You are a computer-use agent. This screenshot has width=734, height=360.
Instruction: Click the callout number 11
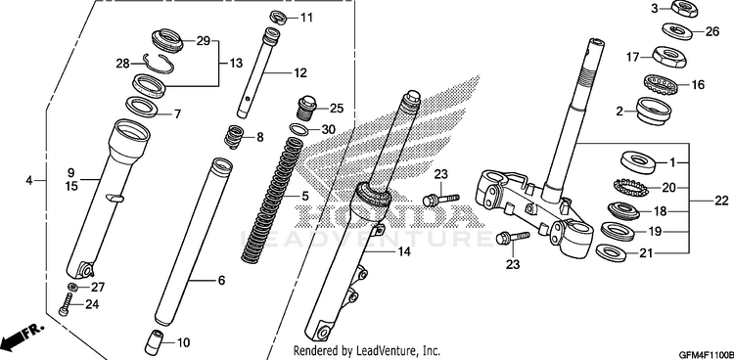[x=306, y=19]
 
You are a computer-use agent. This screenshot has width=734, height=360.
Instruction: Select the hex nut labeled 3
[x=684, y=9]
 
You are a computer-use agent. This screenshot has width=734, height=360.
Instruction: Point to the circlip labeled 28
[x=159, y=64]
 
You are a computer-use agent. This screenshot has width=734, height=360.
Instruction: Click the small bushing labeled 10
[x=156, y=342]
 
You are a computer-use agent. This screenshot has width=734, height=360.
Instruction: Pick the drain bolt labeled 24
[x=66, y=304]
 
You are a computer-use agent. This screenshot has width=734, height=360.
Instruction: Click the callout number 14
[x=404, y=251]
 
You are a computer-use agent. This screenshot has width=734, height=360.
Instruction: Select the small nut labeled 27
[x=72, y=287]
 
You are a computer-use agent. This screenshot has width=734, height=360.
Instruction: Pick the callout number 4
[x=29, y=180]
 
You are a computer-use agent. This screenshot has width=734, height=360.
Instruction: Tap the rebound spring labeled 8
[x=235, y=137]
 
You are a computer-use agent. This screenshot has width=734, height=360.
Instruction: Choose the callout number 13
[x=237, y=63]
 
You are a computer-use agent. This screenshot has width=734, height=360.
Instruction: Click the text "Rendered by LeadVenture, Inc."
[x=367, y=349]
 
